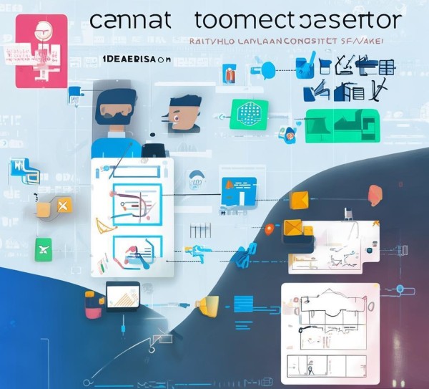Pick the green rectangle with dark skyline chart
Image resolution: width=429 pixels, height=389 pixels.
point(341,126)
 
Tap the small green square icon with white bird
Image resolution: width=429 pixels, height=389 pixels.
point(43,250)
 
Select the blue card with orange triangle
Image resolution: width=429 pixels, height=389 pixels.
point(238,191)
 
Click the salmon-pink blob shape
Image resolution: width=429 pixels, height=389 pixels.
point(375,195)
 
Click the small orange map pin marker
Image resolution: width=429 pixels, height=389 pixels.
point(269,229)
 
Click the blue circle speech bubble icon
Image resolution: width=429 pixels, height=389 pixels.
point(267,70)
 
